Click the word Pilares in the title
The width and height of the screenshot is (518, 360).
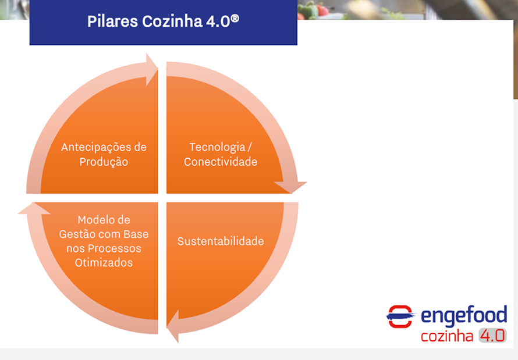pyautogui.click(x=112, y=22)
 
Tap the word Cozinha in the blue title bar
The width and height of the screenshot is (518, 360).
pyautogui.click(x=172, y=22)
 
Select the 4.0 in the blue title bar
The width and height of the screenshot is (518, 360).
pyautogui.click(x=218, y=22)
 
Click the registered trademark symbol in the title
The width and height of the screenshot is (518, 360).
pyautogui.click(x=235, y=18)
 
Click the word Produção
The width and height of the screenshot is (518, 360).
pyautogui.click(x=104, y=162)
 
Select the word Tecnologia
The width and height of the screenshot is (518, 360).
pyautogui.click(x=217, y=148)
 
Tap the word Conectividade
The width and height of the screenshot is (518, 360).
pyautogui.click(x=221, y=162)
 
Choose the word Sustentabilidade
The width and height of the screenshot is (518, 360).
pyautogui.click(x=221, y=241)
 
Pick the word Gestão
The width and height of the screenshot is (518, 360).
pyautogui.click(x=77, y=234)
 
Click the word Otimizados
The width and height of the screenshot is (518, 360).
pyautogui.click(x=104, y=263)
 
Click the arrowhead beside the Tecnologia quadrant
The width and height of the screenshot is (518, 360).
pyautogui.click(x=290, y=187)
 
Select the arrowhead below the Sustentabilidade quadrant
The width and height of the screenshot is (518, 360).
pyautogui.click(x=173, y=326)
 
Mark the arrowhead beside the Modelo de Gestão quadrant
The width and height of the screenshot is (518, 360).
pyautogui.click(x=34, y=209)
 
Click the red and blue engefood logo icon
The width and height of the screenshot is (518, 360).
pyautogui.click(x=400, y=316)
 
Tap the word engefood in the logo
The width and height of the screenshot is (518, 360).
pyautogui.click(x=464, y=315)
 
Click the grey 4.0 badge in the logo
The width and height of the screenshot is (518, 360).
pyautogui.click(x=492, y=336)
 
